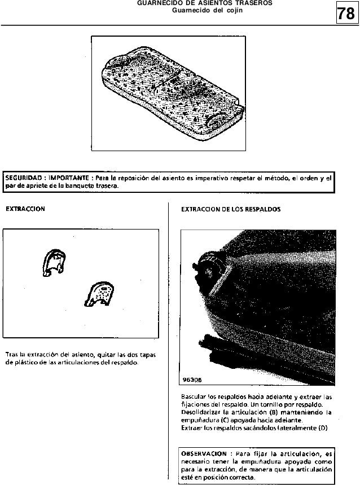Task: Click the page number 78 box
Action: (x=345, y=12)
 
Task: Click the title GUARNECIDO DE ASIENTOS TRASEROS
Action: (x=205, y=3)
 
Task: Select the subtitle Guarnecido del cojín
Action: (x=207, y=10)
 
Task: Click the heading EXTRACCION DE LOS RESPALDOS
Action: (x=231, y=209)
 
